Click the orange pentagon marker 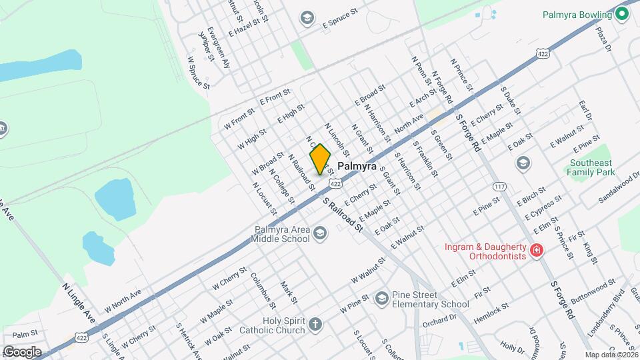[x=321, y=160]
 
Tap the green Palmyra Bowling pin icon [x=623, y=14]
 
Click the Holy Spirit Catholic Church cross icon [x=315, y=325]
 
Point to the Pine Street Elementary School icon [x=381, y=297]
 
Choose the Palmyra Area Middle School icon [x=320, y=232]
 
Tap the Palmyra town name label [x=357, y=165]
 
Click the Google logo [x=22, y=352]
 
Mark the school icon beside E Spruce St [x=307, y=17]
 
